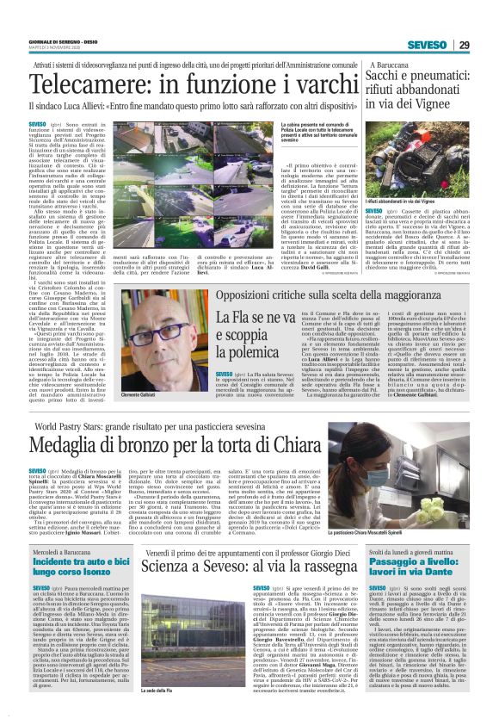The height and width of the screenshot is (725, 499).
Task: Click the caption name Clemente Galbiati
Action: (128, 394)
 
